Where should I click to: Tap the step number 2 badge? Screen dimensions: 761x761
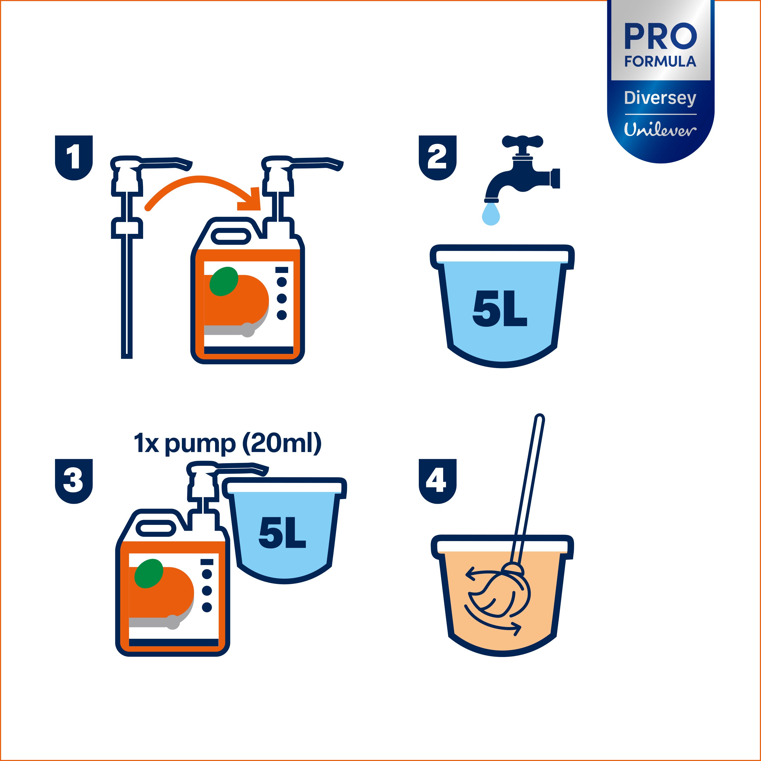tap(437, 158)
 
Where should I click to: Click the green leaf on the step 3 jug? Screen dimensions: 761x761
tap(148, 574)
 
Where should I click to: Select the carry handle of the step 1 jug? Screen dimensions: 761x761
tap(231, 237)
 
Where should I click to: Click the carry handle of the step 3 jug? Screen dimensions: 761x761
tap(156, 528)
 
